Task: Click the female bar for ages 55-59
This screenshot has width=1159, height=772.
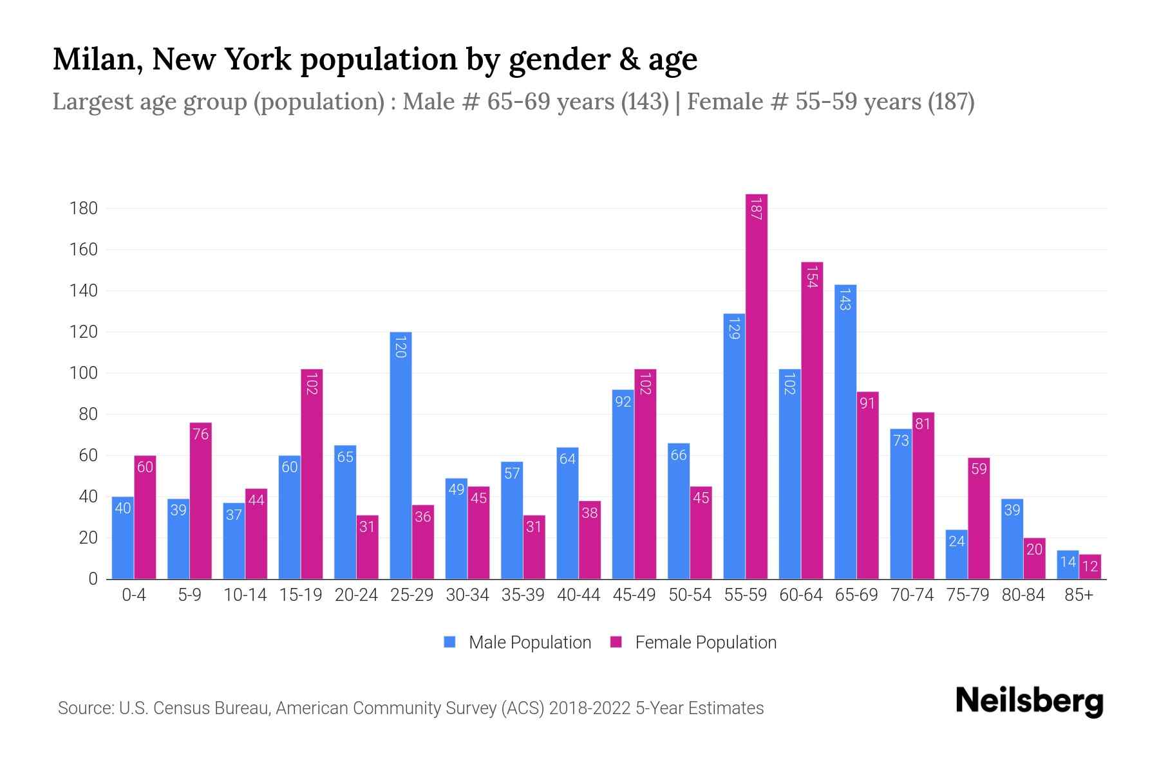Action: [x=757, y=386]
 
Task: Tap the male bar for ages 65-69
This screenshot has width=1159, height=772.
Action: [x=845, y=432]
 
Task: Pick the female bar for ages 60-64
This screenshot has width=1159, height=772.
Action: [x=812, y=421]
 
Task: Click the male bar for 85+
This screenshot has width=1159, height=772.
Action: [x=1068, y=565]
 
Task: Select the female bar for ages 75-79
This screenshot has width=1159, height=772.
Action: [x=979, y=519]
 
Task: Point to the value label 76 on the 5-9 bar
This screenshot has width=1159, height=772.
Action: [x=200, y=434]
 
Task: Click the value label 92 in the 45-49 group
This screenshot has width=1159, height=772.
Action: [x=623, y=402]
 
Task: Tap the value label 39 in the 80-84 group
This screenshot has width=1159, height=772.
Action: [x=1012, y=510]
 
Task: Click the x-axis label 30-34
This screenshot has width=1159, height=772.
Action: [x=467, y=595]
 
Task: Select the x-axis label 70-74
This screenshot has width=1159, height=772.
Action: [x=912, y=595]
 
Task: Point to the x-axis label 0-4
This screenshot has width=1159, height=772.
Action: [x=134, y=595]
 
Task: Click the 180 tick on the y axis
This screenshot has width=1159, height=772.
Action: [x=84, y=208]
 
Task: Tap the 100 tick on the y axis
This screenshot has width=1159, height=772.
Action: [x=84, y=373]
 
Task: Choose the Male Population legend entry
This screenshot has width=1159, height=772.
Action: [x=529, y=643]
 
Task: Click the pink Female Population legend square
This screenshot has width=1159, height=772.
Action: [x=616, y=642]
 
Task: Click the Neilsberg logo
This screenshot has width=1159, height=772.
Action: [x=1029, y=701]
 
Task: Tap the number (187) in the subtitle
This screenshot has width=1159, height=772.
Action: [x=951, y=102]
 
